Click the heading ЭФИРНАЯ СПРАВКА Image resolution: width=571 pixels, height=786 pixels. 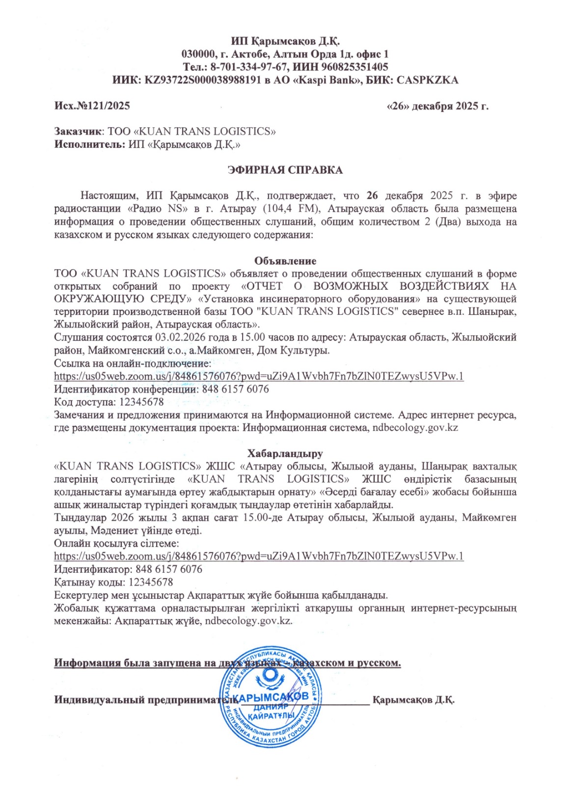[x=285, y=170]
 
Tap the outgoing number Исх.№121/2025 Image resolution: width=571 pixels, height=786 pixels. [x=92, y=106]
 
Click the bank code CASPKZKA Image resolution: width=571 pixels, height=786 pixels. [x=427, y=80]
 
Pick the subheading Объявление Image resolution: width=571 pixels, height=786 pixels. [x=285, y=261]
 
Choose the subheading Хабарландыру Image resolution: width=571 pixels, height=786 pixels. [x=285, y=453]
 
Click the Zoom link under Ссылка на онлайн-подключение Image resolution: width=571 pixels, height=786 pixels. [x=259, y=376]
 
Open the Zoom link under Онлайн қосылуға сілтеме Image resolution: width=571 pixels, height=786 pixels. [x=259, y=556]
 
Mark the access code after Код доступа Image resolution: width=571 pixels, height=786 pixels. [x=141, y=402]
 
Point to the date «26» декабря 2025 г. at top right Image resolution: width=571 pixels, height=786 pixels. [x=438, y=106]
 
